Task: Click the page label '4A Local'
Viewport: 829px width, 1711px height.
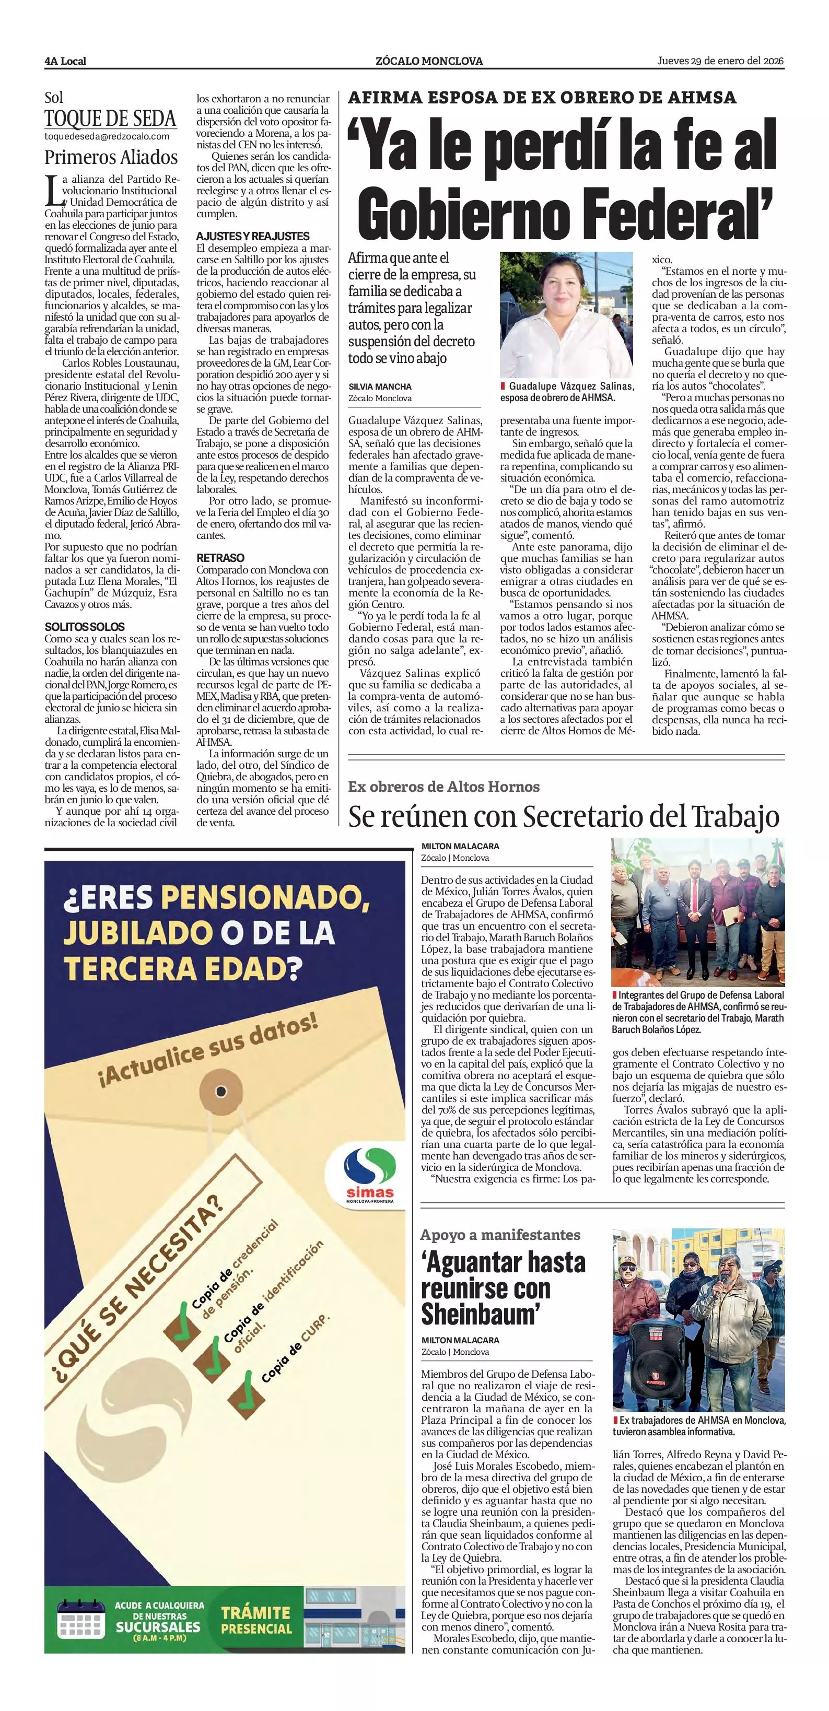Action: coord(65,61)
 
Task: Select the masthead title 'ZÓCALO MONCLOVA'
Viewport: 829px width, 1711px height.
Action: coord(429,61)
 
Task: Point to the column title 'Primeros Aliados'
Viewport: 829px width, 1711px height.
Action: coord(111,157)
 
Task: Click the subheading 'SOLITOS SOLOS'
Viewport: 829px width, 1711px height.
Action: coord(84,626)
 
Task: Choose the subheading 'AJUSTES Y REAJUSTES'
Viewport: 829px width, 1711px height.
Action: coord(252,236)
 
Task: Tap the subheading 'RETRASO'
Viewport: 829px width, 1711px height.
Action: coord(220,558)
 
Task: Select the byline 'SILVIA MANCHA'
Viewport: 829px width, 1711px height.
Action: coord(380,386)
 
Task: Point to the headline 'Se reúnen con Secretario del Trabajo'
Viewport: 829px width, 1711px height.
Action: coord(563,817)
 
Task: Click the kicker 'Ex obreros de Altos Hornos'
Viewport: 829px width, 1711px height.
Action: coord(443,787)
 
